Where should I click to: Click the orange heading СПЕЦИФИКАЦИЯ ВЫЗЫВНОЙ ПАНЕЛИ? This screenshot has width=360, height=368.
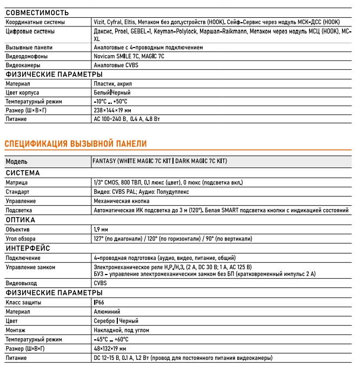point(76,143)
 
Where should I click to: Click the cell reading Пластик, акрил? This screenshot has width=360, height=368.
point(112,84)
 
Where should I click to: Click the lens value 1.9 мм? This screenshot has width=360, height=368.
point(102,230)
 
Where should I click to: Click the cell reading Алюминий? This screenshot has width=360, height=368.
point(107,312)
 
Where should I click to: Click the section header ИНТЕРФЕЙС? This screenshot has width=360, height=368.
point(28,248)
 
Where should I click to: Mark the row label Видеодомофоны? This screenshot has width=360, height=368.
point(26,56)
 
